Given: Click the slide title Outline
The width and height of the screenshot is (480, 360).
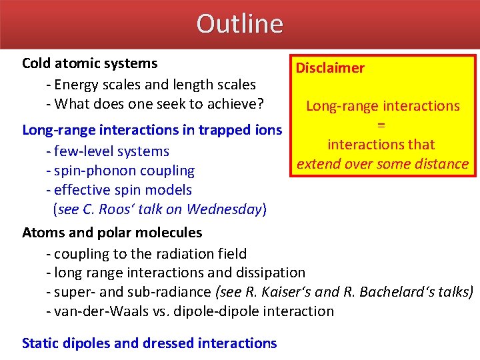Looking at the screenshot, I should coord(239,24).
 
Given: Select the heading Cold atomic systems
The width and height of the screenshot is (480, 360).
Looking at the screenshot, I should coord(90,63).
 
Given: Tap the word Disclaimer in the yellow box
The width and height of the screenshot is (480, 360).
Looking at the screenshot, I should coord(330,68).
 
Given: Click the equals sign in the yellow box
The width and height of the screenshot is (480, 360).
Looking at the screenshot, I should coord(381,125).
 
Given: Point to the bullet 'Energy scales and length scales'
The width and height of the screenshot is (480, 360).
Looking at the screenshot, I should coord(151,85).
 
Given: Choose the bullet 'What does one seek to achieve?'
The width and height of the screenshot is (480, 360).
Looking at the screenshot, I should coord(155,104).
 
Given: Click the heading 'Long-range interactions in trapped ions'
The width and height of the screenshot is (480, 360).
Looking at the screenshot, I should coord(152,129).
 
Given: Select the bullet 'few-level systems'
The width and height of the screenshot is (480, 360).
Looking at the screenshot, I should coord(107,151).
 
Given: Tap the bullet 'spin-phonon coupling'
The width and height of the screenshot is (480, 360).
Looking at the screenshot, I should coord(120,171).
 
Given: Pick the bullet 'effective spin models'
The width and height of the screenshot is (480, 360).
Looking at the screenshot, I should coord(119,190).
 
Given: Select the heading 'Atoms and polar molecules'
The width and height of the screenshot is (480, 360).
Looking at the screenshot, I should coord(112,233).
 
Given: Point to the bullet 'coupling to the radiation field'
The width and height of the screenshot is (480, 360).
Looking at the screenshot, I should coord(146,253).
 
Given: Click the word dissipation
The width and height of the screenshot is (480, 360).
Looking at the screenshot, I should coord(273,273).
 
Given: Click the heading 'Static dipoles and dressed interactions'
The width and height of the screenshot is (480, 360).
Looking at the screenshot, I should coord(149,343).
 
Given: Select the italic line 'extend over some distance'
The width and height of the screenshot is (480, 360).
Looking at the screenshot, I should coord(383,164).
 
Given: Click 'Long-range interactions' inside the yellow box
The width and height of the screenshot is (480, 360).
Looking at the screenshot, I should coord(383,106).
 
